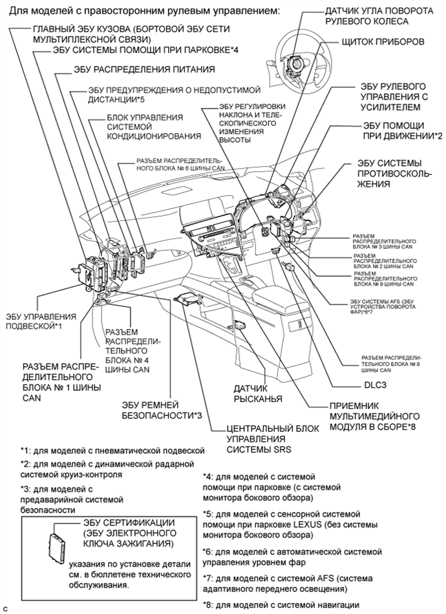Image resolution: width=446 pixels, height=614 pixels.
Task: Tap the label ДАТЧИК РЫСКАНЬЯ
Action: tap(258, 393)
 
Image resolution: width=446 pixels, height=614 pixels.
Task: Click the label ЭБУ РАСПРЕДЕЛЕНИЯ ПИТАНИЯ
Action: tap(134, 69)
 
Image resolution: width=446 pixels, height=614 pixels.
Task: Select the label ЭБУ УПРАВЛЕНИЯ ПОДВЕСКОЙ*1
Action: tap(39, 321)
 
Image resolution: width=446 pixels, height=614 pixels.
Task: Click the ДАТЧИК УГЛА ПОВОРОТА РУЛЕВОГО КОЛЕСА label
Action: tap(374, 16)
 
